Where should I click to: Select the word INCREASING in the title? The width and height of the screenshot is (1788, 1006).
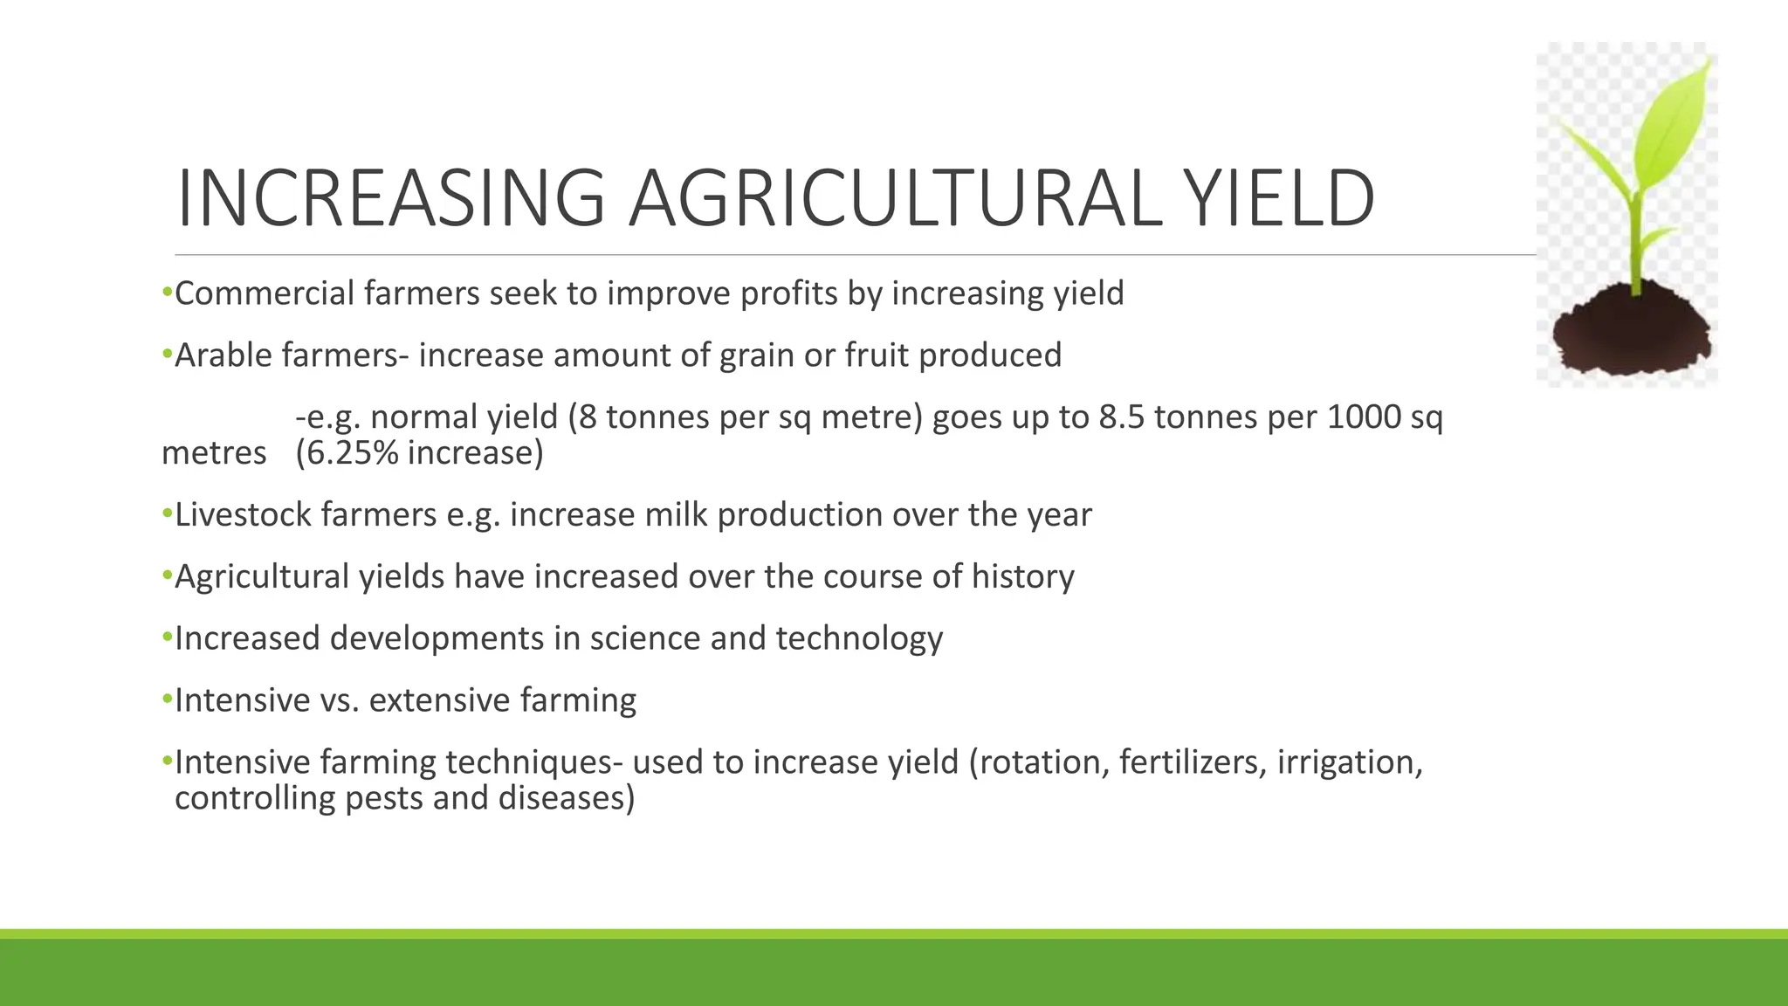click(x=390, y=199)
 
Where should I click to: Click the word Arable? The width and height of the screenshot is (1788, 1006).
click(x=223, y=355)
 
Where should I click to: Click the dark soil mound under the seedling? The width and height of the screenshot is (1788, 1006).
click(x=1631, y=333)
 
